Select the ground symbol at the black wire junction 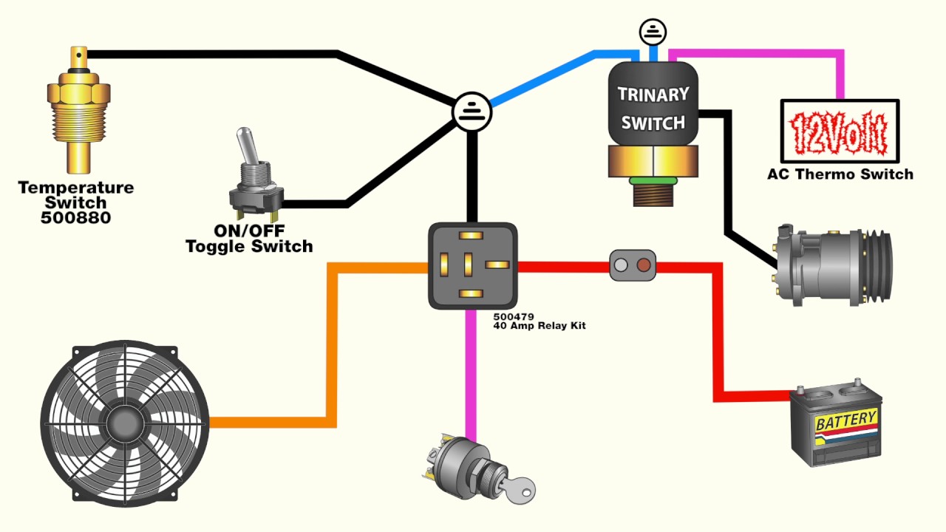[471, 112]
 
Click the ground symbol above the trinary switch [653, 32]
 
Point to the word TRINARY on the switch [653, 95]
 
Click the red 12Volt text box [840, 132]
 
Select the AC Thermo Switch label [840, 175]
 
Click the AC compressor [831, 262]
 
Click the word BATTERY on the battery [845, 421]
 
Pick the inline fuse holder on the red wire [633, 265]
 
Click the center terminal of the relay [467, 264]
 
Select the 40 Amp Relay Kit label [540, 326]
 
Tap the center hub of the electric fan [124, 423]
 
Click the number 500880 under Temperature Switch [77, 218]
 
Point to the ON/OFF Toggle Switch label [249, 239]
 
